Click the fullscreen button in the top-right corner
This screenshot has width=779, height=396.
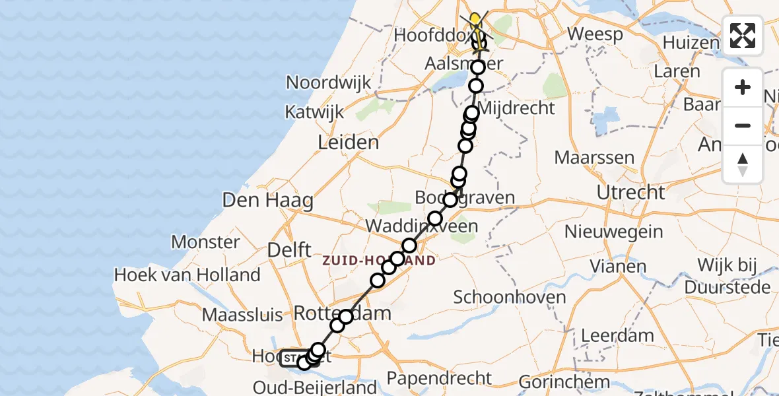pyautogui.click(x=743, y=36)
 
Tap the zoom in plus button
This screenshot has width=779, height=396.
pyautogui.click(x=743, y=88)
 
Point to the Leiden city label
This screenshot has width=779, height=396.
pyautogui.click(x=348, y=143)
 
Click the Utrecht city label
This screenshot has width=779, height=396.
pyautogui.click(x=630, y=193)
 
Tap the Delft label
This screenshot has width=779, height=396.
pyautogui.click(x=289, y=250)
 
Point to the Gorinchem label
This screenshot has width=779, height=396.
pyautogui.click(x=564, y=381)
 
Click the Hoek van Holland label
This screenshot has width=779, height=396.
pyautogui.click(x=187, y=275)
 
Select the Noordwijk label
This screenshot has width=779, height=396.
pyautogui.click(x=329, y=83)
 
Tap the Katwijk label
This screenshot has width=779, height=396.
pyautogui.click(x=314, y=112)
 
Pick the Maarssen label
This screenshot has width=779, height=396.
pyautogui.click(x=594, y=158)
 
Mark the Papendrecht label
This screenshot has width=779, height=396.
pyautogui.click(x=439, y=378)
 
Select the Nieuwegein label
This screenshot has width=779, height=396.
pyautogui.click(x=613, y=232)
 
